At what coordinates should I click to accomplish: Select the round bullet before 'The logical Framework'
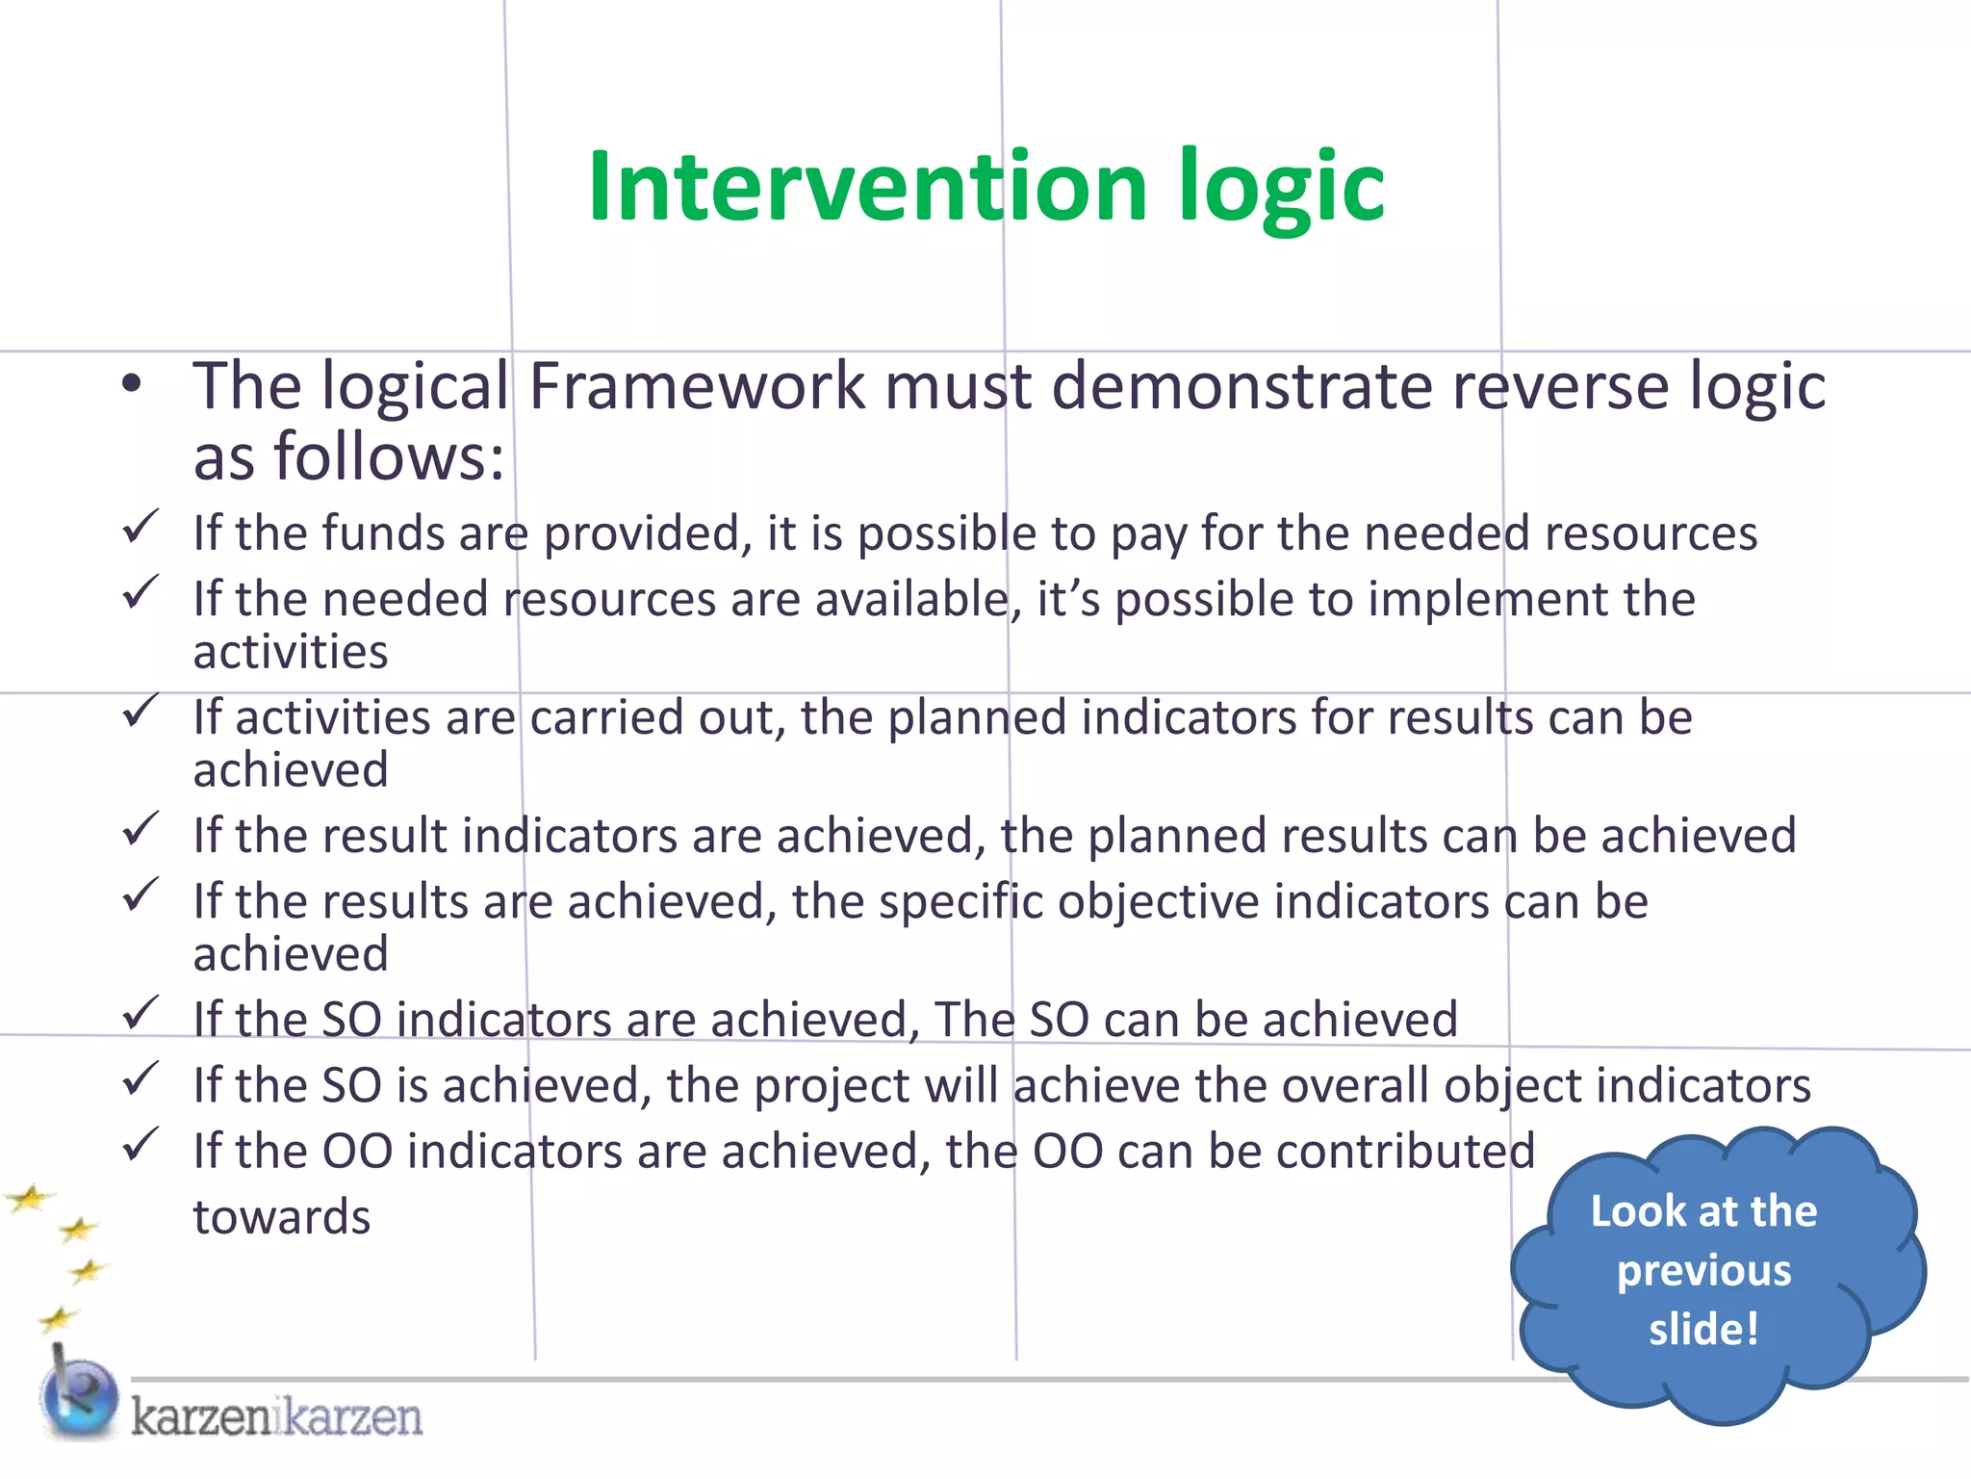click(x=132, y=385)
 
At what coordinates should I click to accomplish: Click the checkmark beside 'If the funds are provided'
click(x=141, y=528)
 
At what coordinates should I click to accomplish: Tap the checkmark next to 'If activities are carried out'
click(x=141, y=713)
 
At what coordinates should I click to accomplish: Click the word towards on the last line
click(x=281, y=1217)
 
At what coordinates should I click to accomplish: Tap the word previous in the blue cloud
click(x=1703, y=1271)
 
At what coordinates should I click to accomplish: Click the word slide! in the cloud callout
click(x=1703, y=1330)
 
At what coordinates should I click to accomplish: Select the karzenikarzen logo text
click(x=276, y=1417)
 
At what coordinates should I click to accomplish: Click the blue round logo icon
click(x=79, y=1398)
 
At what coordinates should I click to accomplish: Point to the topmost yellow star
click(x=31, y=1199)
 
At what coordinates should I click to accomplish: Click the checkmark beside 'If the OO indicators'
click(x=141, y=1145)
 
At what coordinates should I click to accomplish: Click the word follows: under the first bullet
click(x=389, y=457)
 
